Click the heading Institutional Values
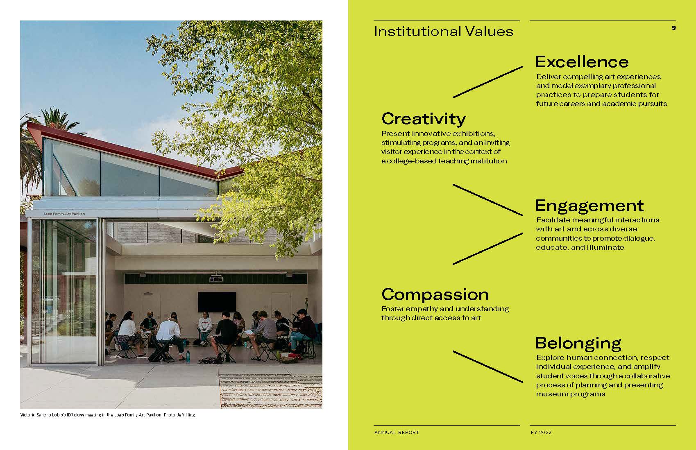(443, 32)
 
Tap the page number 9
(673, 28)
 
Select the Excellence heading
(582, 61)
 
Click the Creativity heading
(424, 119)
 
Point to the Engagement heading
(589, 206)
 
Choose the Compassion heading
(435, 295)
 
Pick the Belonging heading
(578, 344)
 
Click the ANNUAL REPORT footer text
(397, 432)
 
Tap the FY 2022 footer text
(541, 432)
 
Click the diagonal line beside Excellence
(488, 82)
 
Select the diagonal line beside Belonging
(488, 366)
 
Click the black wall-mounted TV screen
(217, 302)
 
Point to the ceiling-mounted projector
(216, 278)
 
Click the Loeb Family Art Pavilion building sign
(64, 214)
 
